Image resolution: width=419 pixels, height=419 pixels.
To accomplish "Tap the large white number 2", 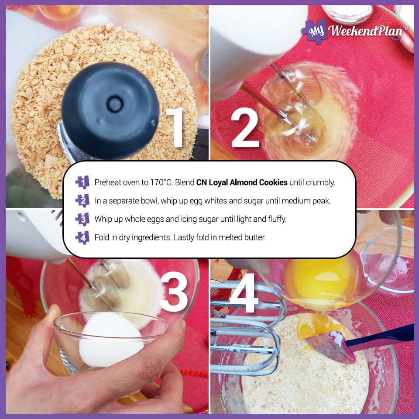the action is point(245,127).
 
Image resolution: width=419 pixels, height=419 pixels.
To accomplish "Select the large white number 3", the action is point(174,292).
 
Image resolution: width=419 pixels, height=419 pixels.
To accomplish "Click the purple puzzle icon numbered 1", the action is point(82,182).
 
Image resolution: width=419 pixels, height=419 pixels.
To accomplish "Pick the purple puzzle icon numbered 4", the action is point(82,237).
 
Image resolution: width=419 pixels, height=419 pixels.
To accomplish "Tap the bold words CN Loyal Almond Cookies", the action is point(242,182).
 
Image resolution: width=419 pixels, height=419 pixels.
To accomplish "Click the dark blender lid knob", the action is point(110,110).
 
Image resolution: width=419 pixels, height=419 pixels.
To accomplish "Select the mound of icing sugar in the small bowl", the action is point(111,340).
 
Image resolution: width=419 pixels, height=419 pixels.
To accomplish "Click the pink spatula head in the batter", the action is point(331,347).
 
